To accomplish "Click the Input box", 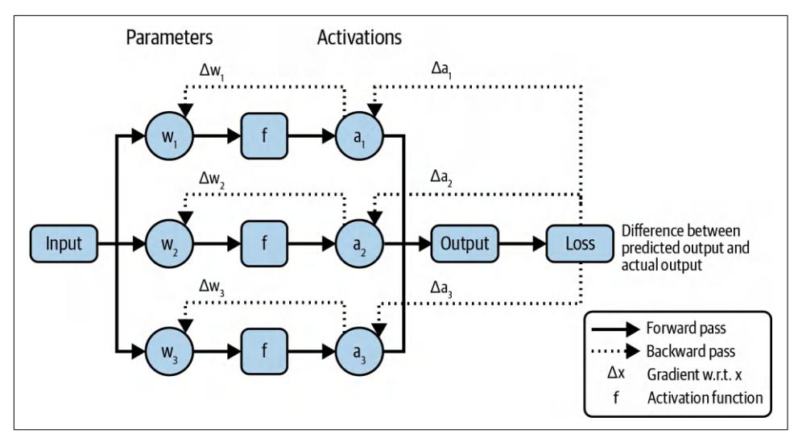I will tap(64, 244).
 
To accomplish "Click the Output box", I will tap(464, 244).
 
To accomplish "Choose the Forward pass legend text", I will tap(686, 329).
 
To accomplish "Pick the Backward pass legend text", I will tap(689, 351).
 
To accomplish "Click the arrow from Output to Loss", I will tap(521, 244).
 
